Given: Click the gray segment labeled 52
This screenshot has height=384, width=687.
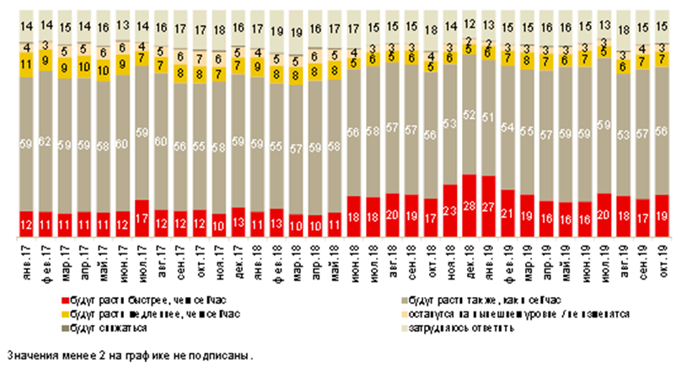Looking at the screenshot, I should [x=470, y=114].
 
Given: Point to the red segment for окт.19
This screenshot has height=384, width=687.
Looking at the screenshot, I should [x=662, y=217].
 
